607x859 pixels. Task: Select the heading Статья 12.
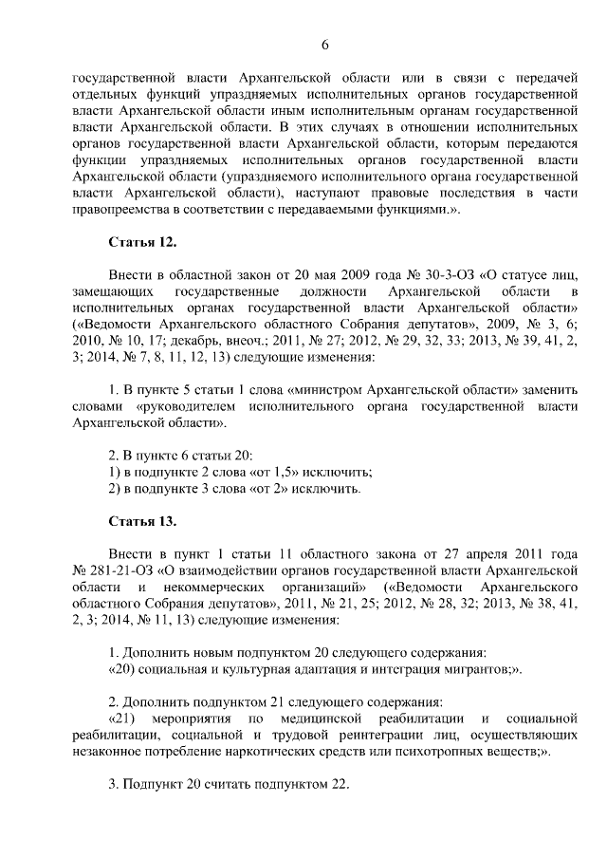[142, 242]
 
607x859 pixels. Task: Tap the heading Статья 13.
[142, 522]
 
